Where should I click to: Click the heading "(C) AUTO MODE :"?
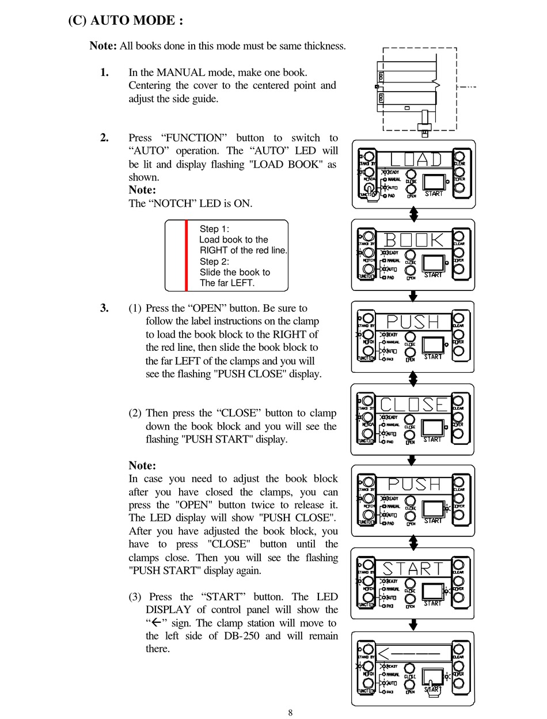point(126,21)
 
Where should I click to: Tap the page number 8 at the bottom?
point(290,713)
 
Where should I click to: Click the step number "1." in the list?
point(104,72)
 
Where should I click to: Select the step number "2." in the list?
point(104,138)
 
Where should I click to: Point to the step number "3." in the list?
point(104,308)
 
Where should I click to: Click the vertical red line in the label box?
point(186,255)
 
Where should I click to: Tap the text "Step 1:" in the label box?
point(214,229)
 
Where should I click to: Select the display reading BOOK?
point(414,240)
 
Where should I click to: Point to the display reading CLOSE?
point(414,404)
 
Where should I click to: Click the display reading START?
point(414,569)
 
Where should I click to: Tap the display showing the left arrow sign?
point(414,653)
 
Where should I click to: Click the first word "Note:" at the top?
point(103,46)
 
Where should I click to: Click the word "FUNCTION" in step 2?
point(194,138)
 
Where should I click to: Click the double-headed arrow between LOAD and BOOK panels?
point(413,214)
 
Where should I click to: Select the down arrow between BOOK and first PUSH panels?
point(413,296)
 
